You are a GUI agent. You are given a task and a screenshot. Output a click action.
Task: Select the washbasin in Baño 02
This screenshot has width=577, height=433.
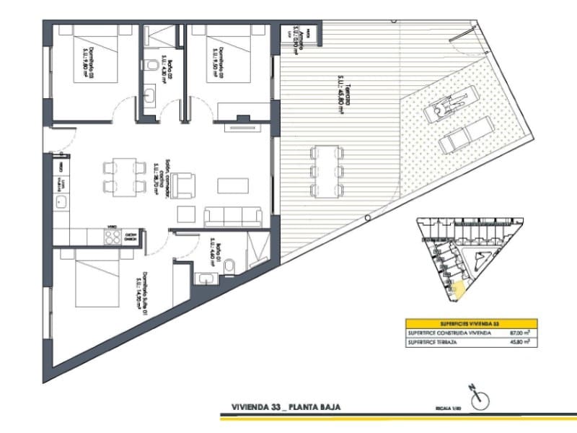pyautogui.click(x=151, y=94)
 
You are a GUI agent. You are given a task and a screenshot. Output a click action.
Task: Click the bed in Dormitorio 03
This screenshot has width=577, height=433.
pyautogui.click(x=87, y=57)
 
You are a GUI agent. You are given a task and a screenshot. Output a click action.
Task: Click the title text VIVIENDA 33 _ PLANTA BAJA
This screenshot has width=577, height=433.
pyautogui.click(x=283, y=407)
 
